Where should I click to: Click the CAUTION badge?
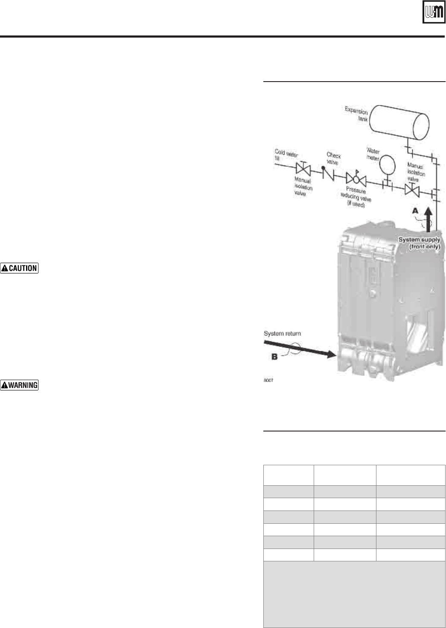(19, 268)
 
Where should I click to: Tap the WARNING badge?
(19, 385)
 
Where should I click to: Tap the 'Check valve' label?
(333, 158)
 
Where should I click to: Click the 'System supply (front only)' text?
(419, 243)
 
